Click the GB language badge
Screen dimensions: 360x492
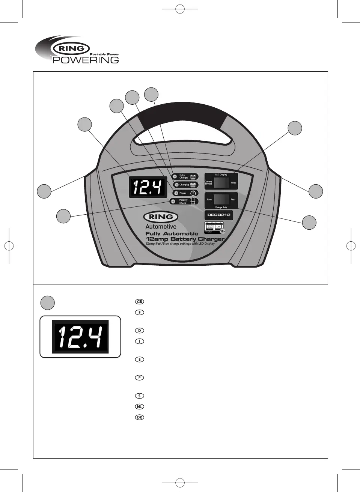point(139,302)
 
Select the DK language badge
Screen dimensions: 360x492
point(139,417)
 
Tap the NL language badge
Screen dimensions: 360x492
point(139,407)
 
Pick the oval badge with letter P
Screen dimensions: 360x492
point(139,378)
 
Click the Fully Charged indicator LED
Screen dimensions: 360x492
point(174,176)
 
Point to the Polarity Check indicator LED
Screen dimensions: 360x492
point(173,202)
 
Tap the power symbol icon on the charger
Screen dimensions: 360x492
point(193,193)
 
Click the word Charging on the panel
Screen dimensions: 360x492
point(184,185)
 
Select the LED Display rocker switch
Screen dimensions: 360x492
point(221,183)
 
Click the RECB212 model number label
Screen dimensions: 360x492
point(219,215)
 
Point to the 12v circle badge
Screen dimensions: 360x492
point(222,231)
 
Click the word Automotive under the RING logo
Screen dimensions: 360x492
point(161,227)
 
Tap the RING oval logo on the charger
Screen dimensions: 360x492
point(161,217)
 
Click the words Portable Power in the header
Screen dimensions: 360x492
point(104,54)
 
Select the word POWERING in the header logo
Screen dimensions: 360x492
point(86,60)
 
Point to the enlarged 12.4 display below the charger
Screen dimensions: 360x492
point(80,336)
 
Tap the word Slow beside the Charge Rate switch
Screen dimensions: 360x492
point(209,200)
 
